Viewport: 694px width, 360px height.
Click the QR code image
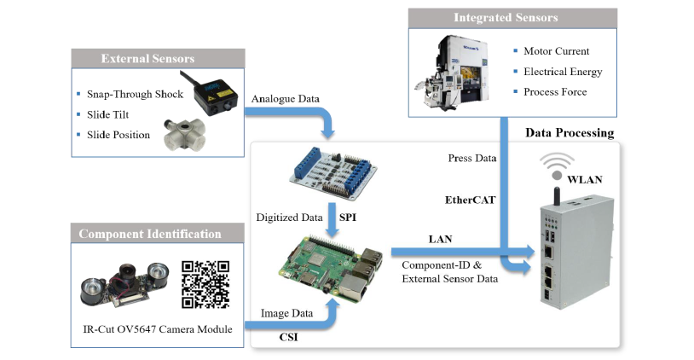pos(205,283)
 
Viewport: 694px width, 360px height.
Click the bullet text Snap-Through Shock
pos(135,94)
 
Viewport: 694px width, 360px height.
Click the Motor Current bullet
pos(557,51)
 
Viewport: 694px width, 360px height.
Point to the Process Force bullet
pos(555,91)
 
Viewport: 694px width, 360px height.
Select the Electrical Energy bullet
pos(563,72)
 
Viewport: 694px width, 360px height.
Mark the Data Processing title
pos(569,134)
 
